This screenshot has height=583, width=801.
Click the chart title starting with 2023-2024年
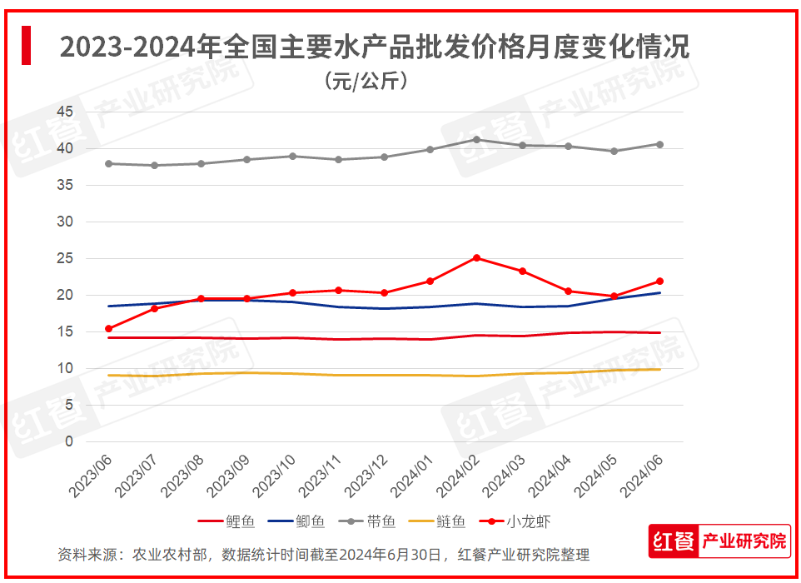375,47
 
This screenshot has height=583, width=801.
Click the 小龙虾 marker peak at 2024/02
476,257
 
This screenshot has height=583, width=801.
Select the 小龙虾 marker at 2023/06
108,329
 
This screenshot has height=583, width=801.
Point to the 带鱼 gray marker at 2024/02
476,139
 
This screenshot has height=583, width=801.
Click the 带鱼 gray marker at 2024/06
660,144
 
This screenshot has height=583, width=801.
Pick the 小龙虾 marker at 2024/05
614,296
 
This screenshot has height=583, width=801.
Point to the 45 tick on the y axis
65,112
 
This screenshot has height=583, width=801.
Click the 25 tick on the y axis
65,258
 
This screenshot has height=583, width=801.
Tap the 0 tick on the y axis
70,441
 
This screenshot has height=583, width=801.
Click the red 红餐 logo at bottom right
674,541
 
